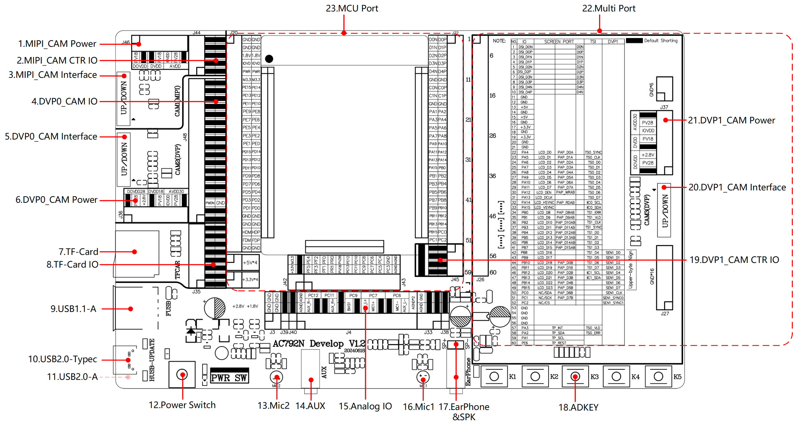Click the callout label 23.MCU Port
tap(352, 8)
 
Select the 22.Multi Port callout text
tap(608, 8)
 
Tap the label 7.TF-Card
tap(78, 251)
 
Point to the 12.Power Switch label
tap(182, 405)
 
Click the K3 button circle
tap(575, 377)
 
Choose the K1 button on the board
tap(494, 377)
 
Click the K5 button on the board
tap(658, 377)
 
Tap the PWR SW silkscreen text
tap(229, 378)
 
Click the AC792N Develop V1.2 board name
tap(319, 344)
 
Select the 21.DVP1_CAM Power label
tap(731, 120)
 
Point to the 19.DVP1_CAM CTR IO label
tap(734, 260)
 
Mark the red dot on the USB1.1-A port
tap(131, 309)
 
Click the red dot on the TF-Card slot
tap(134, 252)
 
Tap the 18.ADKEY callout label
tap(578, 407)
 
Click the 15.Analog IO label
tap(365, 406)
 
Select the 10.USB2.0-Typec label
tap(62, 359)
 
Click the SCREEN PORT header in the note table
tap(559, 42)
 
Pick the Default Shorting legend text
tap(661, 41)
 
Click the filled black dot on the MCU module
tap(269, 59)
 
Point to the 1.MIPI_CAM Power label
tap(57, 44)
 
